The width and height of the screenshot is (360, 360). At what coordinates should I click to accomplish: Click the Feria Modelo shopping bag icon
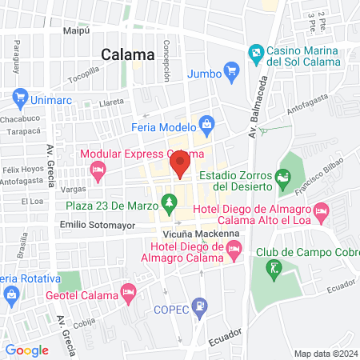click(x=207, y=124)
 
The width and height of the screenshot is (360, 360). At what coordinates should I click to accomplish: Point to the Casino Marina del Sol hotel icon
click(x=256, y=55)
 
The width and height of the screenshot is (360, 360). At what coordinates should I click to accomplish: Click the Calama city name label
click(x=128, y=55)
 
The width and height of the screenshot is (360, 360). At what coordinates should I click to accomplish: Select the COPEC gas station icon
click(x=202, y=305)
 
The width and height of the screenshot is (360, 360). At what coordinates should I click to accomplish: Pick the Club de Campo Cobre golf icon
click(x=275, y=267)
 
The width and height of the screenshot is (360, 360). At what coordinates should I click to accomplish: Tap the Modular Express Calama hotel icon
click(x=98, y=169)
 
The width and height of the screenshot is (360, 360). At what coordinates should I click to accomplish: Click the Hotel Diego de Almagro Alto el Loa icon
click(x=322, y=214)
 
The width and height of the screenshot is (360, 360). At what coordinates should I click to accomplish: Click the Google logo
click(x=26, y=350)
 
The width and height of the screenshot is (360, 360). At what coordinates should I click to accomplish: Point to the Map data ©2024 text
click(x=325, y=354)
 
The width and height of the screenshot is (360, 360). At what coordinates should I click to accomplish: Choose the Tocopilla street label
click(x=83, y=79)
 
